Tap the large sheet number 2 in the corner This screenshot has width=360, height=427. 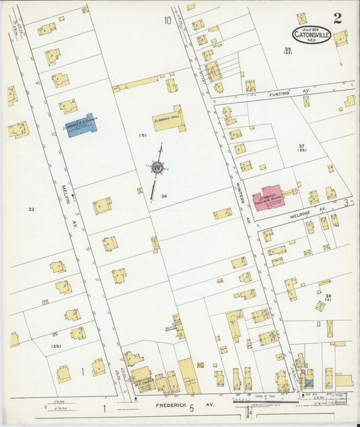336,18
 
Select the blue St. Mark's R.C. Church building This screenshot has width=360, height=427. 82,125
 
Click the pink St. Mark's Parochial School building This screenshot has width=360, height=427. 268,197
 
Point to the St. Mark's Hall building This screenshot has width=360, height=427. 169,118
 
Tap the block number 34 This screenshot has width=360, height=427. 163,196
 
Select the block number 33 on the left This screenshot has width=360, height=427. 31,210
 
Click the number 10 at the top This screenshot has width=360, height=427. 167,20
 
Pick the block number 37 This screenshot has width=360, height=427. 302,146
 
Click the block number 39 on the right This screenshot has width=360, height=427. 328,296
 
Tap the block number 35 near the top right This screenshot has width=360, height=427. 288,49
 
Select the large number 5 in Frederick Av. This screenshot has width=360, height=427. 191,408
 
